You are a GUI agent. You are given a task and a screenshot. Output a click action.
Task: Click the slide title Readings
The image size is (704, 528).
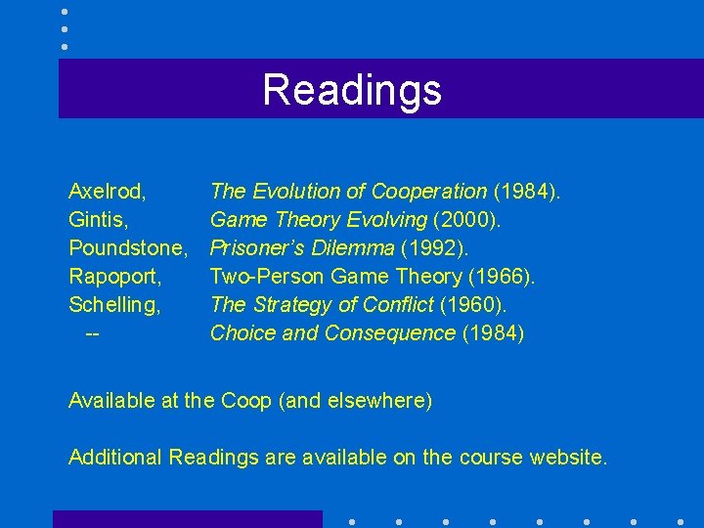tap(352, 90)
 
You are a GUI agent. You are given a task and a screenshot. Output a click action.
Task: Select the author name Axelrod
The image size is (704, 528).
tap(107, 192)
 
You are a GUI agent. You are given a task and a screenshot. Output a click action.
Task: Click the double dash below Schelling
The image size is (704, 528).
tap(93, 333)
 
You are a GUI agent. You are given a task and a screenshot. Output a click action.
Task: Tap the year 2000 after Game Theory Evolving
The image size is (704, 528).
tap(495, 220)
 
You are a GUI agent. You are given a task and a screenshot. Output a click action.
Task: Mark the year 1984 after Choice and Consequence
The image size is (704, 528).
tap(493, 333)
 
